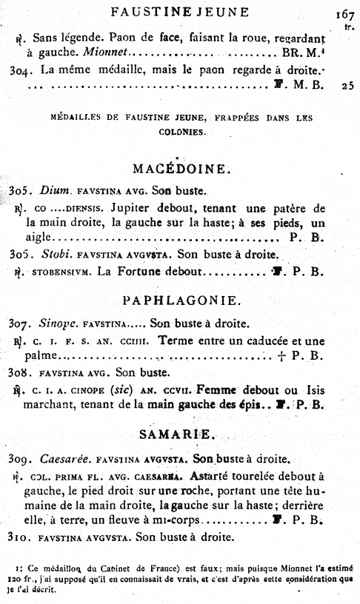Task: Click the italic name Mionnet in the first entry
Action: pyautogui.click(x=106, y=54)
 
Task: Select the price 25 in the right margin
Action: pyautogui.click(x=347, y=86)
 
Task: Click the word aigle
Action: pyautogui.click(x=39, y=237)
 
